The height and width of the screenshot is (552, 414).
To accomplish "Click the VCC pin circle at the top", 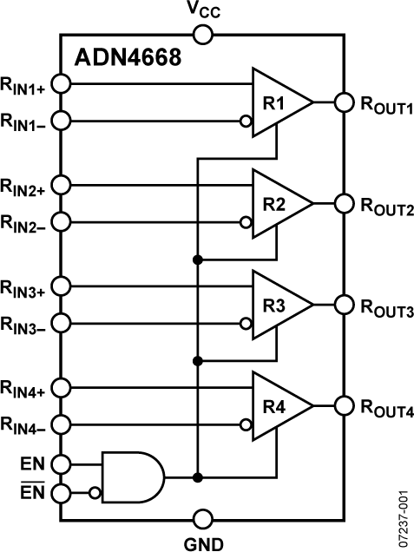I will click(x=202, y=35).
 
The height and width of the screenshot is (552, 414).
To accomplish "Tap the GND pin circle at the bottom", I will click(x=202, y=520).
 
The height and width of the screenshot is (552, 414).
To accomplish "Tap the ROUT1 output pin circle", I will click(x=345, y=102).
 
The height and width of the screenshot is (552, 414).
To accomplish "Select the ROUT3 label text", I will click(x=386, y=310).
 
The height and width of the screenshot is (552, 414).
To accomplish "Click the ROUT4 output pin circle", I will click(x=345, y=405).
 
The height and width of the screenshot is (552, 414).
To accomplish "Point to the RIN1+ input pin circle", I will click(x=61, y=84).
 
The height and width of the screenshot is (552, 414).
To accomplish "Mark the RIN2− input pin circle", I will click(x=61, y=221).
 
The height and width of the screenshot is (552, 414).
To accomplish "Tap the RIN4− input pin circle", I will click(x=61, y=424).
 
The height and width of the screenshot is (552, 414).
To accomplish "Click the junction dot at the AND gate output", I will click(x=198, y=476).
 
